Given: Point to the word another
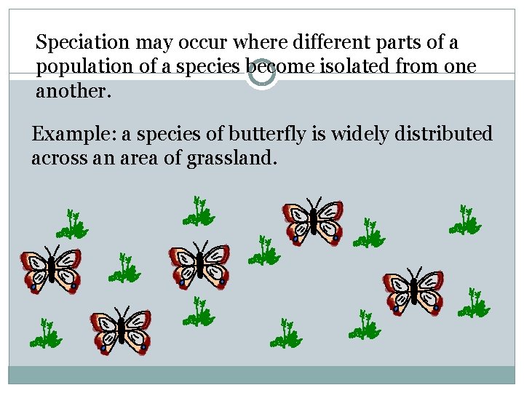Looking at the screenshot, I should pyautogui.click(x=70, y=92).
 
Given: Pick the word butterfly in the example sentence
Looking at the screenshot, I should pyautogui.click(x=267, y=135).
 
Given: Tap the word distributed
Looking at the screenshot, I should pyautogui.click(x=445, y=135).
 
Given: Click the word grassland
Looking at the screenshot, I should pyautogui.click(x=231, y=159).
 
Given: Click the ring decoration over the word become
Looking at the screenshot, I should pyautogui.click(x=261, y=74).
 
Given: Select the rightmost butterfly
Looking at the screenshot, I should pyautogui.click(x=413, y=291).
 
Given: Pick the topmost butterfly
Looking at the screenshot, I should pyautogui.click(x=313, y=221).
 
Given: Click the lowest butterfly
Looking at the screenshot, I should pyautogui.click(x=121, y=331).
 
